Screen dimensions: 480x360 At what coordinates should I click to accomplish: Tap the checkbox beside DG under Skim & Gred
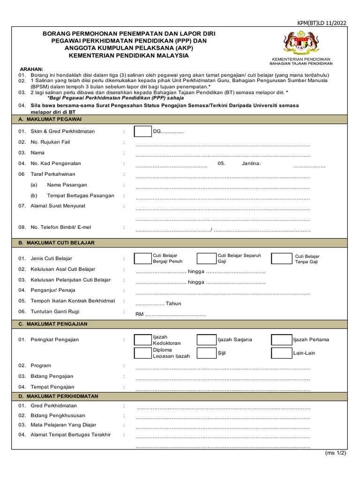coord(142,132)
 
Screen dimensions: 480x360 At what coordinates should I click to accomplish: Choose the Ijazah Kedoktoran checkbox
coord(142,340)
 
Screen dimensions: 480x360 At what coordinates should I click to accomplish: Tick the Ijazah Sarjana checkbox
coord(206,340)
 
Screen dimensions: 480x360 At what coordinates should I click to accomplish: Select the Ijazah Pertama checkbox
coord(281,340)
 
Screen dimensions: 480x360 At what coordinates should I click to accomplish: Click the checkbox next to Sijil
coord(206,353)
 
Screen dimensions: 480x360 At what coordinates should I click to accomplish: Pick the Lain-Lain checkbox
coord(281,353)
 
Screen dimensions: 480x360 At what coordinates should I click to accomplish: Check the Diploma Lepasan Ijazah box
coord(142,353)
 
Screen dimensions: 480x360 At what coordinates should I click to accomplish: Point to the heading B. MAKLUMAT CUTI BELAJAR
coord(56,243)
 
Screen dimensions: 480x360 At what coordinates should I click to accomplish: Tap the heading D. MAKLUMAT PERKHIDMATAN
coord(58,396)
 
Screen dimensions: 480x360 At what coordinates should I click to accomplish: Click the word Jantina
coord(251,164)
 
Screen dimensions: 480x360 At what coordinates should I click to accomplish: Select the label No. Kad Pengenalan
coord(55,164)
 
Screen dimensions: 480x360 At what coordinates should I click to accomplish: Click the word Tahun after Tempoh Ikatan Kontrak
coord(173,303)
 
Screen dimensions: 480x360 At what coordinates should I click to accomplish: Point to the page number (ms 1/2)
coord(336,453)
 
